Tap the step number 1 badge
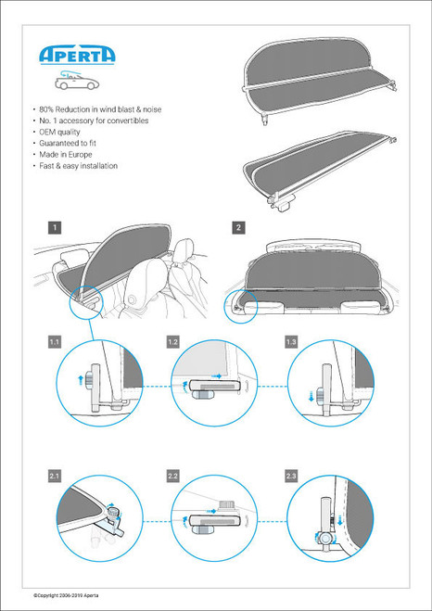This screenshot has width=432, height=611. tap(56, 226)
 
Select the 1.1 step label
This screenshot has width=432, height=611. tap(55, 342)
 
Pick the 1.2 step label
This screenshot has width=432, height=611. tap(172, 342)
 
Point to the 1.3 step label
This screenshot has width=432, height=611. tap(291, 342)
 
